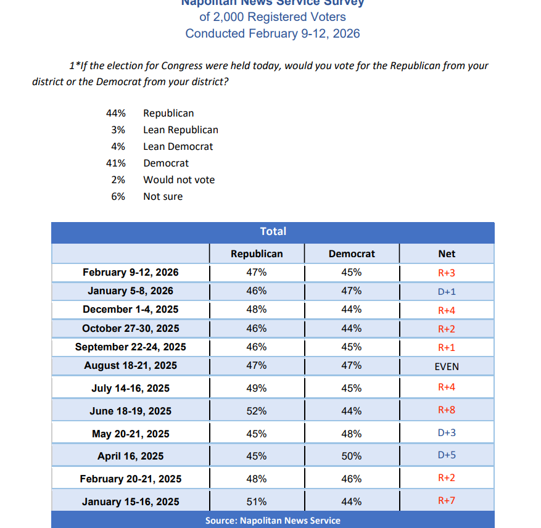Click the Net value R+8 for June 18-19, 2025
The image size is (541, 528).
click(x=446, y=410)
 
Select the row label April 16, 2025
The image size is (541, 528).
click(x=130, y=456)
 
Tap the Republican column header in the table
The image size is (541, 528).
click(x=257, y=254)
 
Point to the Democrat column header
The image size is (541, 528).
click(x=352, y=254)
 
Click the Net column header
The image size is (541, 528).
click(x=447, y=254)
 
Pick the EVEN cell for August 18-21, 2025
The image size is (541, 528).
click(x=447, y=366)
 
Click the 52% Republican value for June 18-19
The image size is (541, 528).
click(x=257, y=411)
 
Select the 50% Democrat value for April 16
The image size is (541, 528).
click(x=352, y=456)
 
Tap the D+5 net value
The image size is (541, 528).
click(x=447, y=456)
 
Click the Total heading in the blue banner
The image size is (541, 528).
click(x=273, y=231)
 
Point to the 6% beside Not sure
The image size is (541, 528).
click(x=118, y=196)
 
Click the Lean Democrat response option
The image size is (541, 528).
click(x=178, y=146)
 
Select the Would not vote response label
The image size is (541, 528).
click(x=179, y=179)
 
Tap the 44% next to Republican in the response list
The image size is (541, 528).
click(x=116, y=113)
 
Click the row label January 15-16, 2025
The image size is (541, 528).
click(x=130, y=502)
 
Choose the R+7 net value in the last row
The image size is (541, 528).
click(x=446, y=500)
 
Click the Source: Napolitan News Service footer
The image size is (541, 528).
click(x=273, y=521)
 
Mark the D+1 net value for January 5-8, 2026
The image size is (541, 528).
click(x=447, y=292)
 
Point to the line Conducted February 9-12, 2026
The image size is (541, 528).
click(x=273, y=33)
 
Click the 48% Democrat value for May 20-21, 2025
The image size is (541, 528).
click(x=352, y=434)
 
